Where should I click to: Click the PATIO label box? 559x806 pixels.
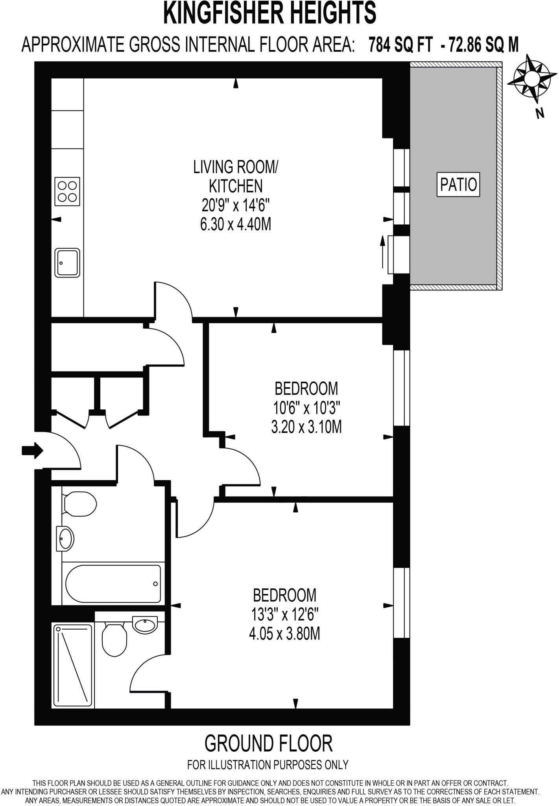pyautogui.click(x=458, y=184)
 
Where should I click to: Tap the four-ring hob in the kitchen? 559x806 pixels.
pyautogui.click(x=68, y=191)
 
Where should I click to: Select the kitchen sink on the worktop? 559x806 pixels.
pyautogui.click(x=68, y=263)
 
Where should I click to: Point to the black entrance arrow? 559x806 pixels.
pyautogui.click(x=32, y=450)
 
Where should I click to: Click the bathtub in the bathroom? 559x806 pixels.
pyautogui.click(x=113, y=584)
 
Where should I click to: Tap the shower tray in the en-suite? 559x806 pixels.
pyautogui.click(x=73, y=665)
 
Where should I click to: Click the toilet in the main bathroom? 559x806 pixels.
pyautogui.click(x=79, y=505)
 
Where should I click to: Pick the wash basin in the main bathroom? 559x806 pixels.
pyautogui.click(x=65, y=538)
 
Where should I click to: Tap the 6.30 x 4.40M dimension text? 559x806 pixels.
pyautogui.click(x=236, y=225)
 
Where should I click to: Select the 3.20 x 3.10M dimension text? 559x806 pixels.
pyautogui.click(x=306, y=427)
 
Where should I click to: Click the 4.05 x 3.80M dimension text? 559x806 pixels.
pyautogui.click(x=284, y=634)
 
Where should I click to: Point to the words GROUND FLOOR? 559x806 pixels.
pyautogui.click(x=268, y=743)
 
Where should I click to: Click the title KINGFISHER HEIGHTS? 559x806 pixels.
pyautogui.click(x=269, y=13)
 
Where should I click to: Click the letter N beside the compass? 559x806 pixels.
pyautogui.click(x=540, y=114)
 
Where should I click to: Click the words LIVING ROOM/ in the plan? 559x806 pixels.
pyautogui.click(x=235, y=167)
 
